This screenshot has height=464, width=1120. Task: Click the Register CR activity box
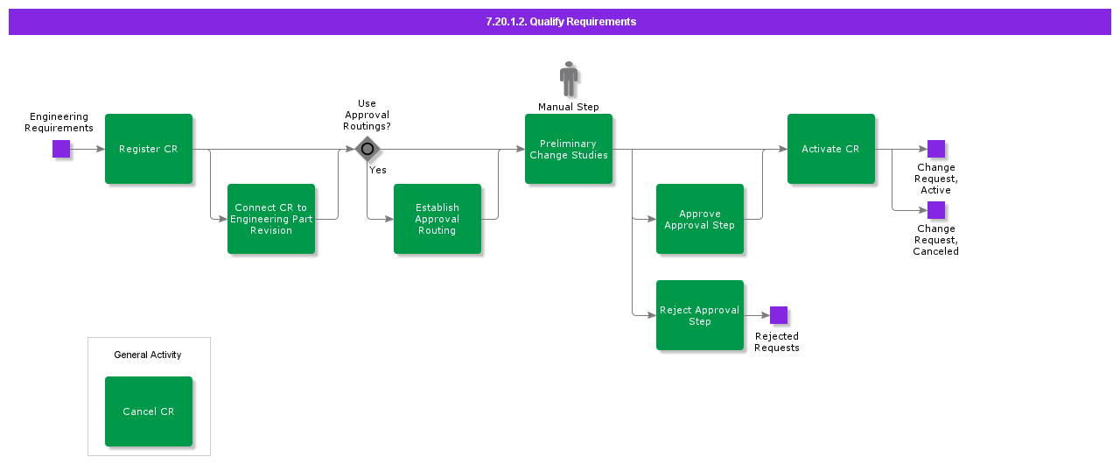click(149, 149)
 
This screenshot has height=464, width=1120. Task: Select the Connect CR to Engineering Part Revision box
click(271, 219)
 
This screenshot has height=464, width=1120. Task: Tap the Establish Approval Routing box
click(437, 219)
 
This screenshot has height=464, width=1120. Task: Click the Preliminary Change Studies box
click(569, 149)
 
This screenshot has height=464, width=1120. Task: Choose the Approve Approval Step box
click(700, 219)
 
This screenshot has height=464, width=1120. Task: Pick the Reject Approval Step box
click(700, 315)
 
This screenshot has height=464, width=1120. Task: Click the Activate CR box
click(831, 149)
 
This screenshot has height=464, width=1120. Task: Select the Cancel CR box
click(149, 411)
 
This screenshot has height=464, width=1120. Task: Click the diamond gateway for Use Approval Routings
click(367, 149)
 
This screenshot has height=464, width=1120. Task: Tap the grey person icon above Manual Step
click(569, 79)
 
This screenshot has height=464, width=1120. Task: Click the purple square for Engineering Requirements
click(61, 149)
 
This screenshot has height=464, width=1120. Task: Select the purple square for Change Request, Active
click(936, 149)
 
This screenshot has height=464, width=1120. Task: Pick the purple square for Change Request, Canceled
click(936, 210)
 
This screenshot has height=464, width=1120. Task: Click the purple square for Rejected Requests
click(779, 315)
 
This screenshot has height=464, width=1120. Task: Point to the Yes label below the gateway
click(378, 170)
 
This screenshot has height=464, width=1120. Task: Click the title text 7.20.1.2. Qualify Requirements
click(561, 22)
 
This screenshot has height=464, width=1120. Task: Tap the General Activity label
click(148, 355)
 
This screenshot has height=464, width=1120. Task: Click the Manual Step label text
click(569, 107)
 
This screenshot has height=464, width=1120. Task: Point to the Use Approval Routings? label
click(367, 115)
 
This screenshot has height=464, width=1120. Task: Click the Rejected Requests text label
click(777, 341)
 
